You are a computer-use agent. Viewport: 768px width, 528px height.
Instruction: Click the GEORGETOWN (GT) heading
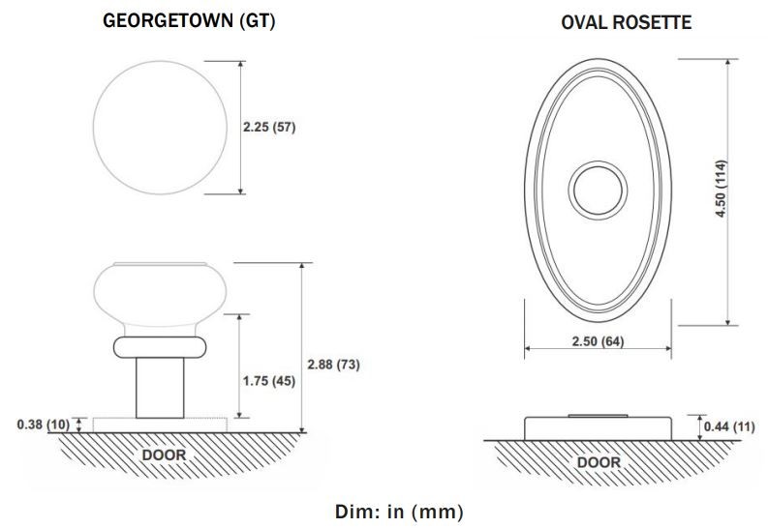click(x=189, y=20)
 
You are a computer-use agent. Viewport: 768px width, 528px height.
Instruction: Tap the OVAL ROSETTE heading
click(x=626, y=22)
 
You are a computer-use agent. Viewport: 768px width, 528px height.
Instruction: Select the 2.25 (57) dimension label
click(x=269, y=127)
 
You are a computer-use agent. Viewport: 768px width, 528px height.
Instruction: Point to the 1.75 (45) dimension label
click(x=269, y=381)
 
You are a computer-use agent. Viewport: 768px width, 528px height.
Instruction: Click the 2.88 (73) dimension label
click(x=333, y=365)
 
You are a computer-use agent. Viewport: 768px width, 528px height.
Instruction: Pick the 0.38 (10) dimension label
click(x=44, y=425)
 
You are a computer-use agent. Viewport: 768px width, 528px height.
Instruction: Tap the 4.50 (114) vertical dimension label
click(x=721, y=189)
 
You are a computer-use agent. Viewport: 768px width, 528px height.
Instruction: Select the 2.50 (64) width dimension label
click(x=599, y=341)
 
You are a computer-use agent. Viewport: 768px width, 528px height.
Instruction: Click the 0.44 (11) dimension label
click(x=729, y=426)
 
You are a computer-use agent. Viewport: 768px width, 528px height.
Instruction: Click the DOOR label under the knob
click(x=164, y=455)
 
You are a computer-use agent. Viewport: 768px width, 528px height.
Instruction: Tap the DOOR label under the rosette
click(x=599, y=462)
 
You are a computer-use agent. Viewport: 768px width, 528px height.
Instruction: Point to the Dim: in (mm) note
click(x=399, y=512)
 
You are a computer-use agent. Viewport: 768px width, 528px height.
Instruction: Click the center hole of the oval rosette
click(x=598, y=191)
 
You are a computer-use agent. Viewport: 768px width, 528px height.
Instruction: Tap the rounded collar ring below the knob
click(x=160, y=347)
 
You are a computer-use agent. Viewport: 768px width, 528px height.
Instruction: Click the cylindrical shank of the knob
click(x=160, y=388)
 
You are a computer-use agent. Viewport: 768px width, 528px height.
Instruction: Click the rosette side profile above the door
click(x=598, y=428)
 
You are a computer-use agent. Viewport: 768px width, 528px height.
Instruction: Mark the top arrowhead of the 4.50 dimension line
click(x=728, y=62)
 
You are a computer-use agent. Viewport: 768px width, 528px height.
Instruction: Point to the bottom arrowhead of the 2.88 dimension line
click(x=302, y=429)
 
